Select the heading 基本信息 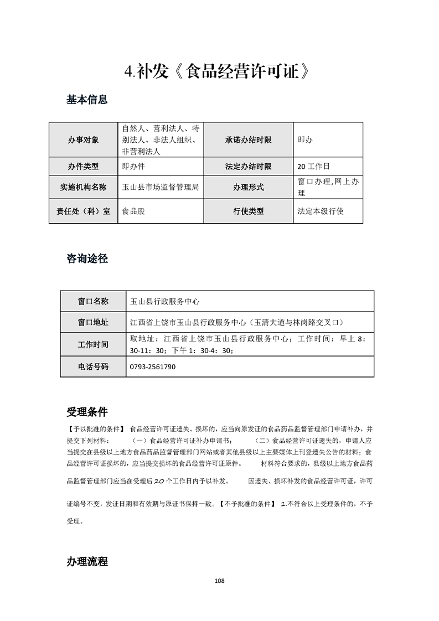click(87, 100)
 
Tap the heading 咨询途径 click(87, 258)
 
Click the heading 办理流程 click(87, 561)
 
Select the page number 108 click(219, 581)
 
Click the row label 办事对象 click(84, 140)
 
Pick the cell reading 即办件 click(133, 166)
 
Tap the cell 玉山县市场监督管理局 click(160, 187)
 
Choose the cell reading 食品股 click(133, 211)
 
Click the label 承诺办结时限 click(248, 140)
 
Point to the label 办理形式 click(248, 187)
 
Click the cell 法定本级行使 click(321, 211)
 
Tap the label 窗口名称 click(93, 301)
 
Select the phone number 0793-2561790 click(153, 366)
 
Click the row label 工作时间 click(93, 344)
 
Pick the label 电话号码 click(93, 366)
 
